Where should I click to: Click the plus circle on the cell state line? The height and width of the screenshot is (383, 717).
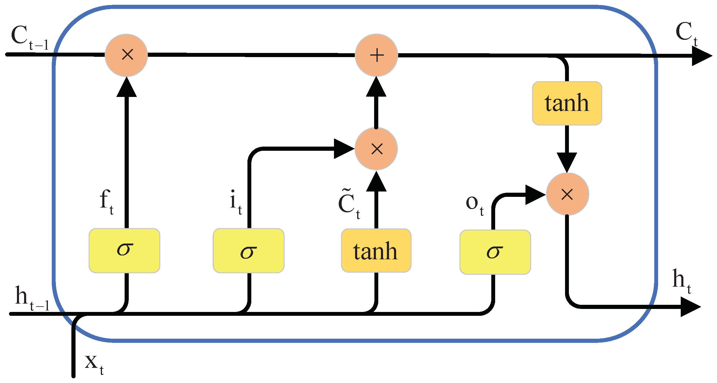tap(376, 55)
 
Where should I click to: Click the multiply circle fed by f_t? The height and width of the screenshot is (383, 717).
tap(126, 55)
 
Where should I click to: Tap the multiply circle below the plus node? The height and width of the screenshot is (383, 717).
tap(376, 149)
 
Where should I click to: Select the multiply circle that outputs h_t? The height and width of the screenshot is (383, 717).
tap(567, 194)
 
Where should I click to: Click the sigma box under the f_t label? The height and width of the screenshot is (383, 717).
tap(125, 250)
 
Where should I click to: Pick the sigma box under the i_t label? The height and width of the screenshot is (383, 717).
tap(249, 250)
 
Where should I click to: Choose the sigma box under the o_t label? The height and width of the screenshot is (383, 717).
tap(495, 252)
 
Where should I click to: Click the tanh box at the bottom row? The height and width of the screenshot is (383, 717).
tap(376, 250)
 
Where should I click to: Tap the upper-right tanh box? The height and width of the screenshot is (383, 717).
tap(567, 103)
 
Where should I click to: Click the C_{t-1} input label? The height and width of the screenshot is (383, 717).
tap(29, 37)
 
